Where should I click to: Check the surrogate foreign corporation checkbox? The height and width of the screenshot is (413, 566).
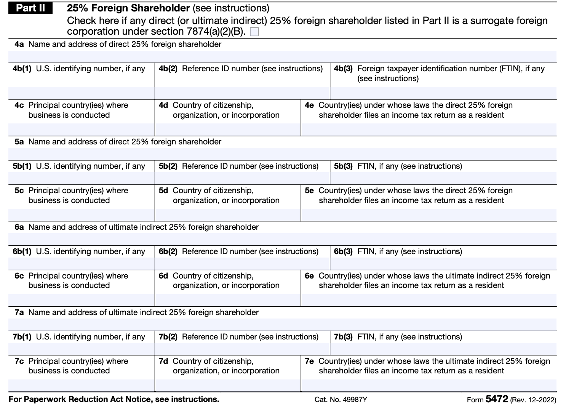[254, 32]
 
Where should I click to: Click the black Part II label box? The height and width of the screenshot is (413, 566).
[30, 8]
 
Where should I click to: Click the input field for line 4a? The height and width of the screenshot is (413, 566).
[282, 56]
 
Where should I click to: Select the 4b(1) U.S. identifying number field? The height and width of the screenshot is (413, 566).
[81, 93]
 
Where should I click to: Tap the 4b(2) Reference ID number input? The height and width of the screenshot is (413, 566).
[242, 93]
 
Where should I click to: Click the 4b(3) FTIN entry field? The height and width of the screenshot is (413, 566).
[443, 93]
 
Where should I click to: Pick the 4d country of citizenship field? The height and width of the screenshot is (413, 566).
[227, 130]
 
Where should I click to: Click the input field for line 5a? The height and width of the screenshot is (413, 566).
[282, 154]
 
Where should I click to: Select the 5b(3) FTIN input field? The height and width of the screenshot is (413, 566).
[443, 178]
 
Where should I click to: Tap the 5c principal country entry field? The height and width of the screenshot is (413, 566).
[81, 215]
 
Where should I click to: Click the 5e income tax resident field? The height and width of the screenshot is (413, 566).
[428, 215]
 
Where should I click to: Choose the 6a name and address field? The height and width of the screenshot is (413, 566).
[282, 239]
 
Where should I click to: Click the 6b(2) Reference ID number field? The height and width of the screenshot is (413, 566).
[242, 264]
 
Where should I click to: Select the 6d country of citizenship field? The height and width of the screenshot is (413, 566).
[227, 300]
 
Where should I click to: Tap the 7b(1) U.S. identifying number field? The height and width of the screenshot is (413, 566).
[81, 349]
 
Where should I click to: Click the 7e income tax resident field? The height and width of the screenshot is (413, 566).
[428, 385]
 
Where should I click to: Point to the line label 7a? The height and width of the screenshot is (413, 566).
[19, 312]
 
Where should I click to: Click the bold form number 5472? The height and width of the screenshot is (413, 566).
[497, 399]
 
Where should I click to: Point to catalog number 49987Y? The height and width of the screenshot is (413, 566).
[341, 400]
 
